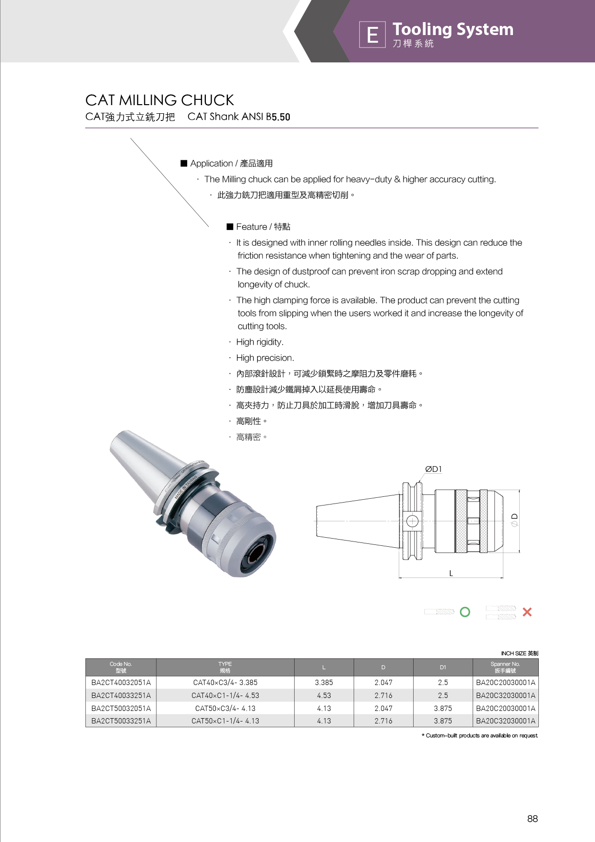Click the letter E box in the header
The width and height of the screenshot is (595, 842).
click(x=372, y=35)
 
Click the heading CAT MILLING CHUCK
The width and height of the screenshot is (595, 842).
click(x=159, y=100)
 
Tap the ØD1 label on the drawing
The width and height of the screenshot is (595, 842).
click(x=433, y=469)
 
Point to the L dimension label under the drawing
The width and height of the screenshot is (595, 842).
click(x=451, y=573)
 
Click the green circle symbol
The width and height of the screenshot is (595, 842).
click(x=465, y=612)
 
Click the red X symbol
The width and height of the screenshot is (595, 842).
click(x=527, y=612)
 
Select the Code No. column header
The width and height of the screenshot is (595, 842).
click(x=121, y=667)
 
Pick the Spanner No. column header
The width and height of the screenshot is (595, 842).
click(x=505, y=667)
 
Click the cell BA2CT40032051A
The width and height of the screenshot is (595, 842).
click(x=121, y=683)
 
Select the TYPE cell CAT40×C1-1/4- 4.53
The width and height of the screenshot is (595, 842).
click(x=225, y=696)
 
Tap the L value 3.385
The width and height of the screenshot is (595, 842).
click(x=324, y=683)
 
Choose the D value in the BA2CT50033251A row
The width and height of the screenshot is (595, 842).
click(x=383, y=721)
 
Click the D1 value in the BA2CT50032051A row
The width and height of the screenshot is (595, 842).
click(x=443, y=709)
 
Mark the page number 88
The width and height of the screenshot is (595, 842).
click(x=532, y=819)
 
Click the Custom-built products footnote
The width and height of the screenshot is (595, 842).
click(x=482, y=735)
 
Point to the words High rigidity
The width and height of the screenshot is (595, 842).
click(x=260, y=342)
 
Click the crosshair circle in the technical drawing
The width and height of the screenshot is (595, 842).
click(x=412, y=521)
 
